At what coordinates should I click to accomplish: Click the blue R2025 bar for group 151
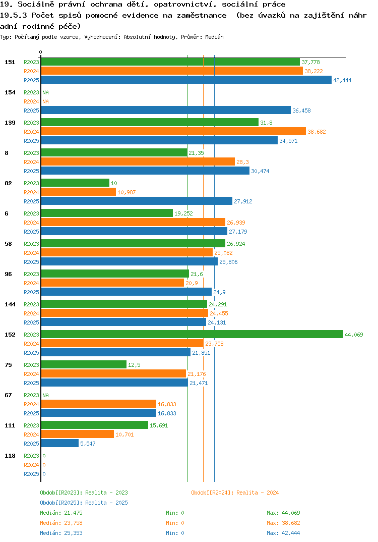coord(186,80)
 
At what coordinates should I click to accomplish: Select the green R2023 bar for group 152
coord(193,334)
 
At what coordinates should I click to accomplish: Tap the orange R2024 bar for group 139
coord(174,131)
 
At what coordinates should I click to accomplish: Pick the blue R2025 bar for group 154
coord(166,110)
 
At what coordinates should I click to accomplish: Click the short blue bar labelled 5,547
coord(60,443)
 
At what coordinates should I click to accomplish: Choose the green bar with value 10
coord(75,183)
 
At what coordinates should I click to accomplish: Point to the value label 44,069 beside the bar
coord(354,335)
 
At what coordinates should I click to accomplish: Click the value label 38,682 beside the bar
coord(317,132)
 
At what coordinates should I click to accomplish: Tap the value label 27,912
coord(243,201)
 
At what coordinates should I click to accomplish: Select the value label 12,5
coord(134,365)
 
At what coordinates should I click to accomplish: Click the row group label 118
coord(10,456)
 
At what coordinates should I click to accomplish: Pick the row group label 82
coord(8,183)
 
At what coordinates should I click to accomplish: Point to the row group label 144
coord(10,304)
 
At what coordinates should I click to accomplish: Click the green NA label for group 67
coord(45,395)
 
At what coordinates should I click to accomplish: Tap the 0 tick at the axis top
coord(40,52)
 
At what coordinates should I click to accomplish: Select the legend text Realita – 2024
coord(258,493)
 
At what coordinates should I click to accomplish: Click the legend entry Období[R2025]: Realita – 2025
coord(84,503)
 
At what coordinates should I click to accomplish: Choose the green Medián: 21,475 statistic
coord(61,513)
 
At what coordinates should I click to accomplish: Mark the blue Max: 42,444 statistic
coord(283,533)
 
